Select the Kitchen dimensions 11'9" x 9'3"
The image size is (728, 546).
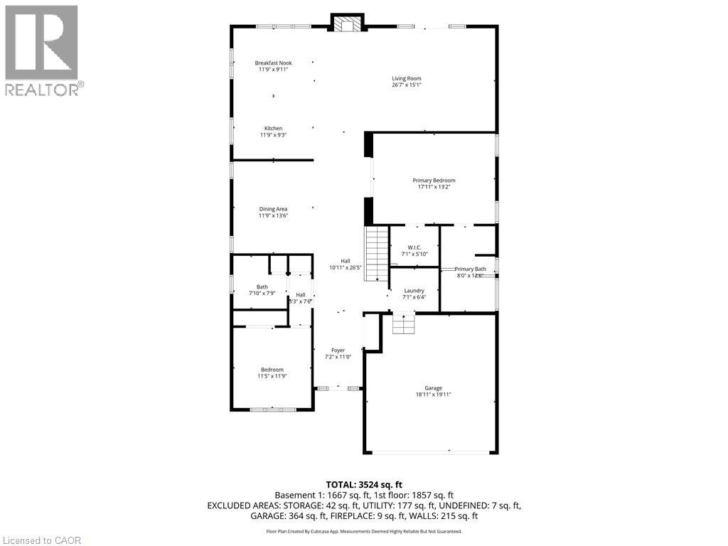pos(274,135)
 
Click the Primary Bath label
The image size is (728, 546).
pos(471,269)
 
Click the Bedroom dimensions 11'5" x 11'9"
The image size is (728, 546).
pos(272,376)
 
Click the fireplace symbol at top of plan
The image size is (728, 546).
pos(347,24)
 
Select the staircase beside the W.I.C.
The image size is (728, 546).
pos(377,253)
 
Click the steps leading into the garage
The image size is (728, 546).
pos(403,324)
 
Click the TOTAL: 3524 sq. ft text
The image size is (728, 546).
pos(364,484)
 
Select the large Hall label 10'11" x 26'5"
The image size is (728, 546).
pos(346,265)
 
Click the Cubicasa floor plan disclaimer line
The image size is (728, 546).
pos(364,531)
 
